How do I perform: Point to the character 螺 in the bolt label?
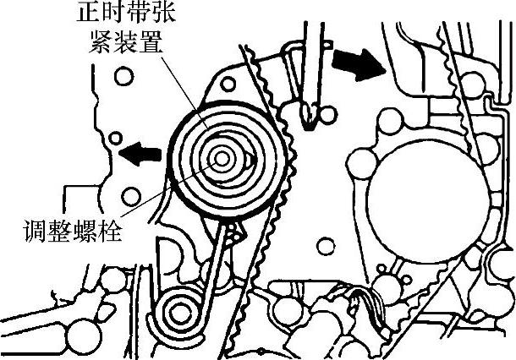[x=74, y=229]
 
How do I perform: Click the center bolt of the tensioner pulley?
[x=222, y=158]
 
